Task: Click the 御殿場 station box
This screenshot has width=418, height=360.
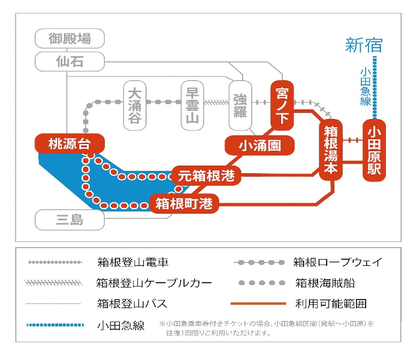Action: click(x=70, y=38)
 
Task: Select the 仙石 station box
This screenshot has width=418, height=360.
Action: click(x=70, y=61)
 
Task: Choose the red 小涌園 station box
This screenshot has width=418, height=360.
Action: click(x=260, y=145)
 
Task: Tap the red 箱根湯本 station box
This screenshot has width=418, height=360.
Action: click(x=332, y=149)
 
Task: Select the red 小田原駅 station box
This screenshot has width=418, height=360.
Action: click(x=374, y=150)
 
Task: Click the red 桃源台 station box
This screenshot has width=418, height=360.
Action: click(x=70, y=143)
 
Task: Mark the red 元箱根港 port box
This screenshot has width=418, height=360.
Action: click(x=206, y=176)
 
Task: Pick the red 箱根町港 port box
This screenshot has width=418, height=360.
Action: click(x=184, y=204)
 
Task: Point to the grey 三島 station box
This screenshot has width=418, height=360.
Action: click(x=70, y=220)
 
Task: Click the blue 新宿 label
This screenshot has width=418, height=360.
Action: click(x=364, y=46)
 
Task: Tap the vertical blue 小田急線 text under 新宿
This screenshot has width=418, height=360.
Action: click(x=365, y=86)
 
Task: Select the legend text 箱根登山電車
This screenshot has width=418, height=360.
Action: click(x=133, y=263)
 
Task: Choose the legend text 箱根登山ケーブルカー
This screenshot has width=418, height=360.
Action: click(x=154, y=283)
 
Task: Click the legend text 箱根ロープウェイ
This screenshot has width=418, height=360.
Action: click(x=338, y=262)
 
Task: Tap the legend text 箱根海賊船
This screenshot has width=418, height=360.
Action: click(x=325, y=283)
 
